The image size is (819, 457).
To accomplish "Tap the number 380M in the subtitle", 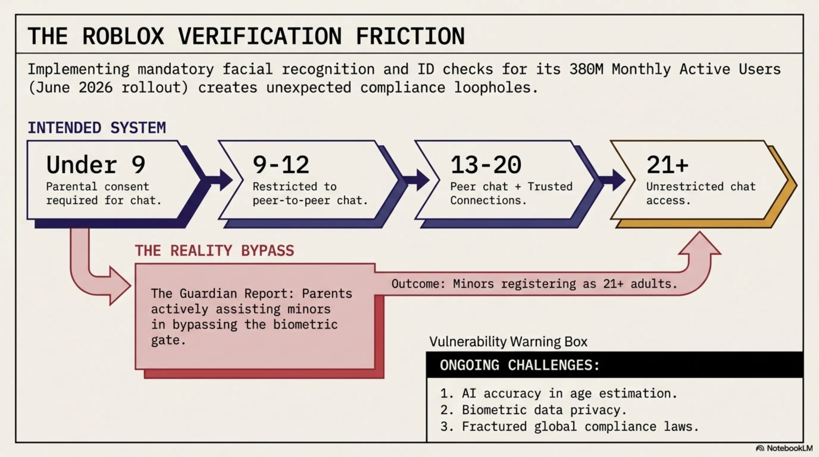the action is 586,69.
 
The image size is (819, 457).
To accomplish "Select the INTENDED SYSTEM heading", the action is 97,128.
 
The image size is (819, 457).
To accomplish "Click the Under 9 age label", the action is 96,165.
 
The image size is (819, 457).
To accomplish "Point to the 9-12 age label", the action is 281,165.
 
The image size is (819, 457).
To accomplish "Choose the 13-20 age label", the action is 486,165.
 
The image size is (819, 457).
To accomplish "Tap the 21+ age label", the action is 667,165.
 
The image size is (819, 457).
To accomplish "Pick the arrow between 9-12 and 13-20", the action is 416,180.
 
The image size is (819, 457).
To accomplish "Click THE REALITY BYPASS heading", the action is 215,251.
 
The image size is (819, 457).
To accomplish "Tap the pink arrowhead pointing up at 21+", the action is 699,243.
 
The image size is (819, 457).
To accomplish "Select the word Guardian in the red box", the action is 208,293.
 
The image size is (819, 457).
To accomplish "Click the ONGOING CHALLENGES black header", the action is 615,364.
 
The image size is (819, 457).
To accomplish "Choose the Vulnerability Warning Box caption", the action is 508,342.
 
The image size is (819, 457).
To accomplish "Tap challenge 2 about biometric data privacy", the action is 534,410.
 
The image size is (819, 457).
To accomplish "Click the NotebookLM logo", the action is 784,448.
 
